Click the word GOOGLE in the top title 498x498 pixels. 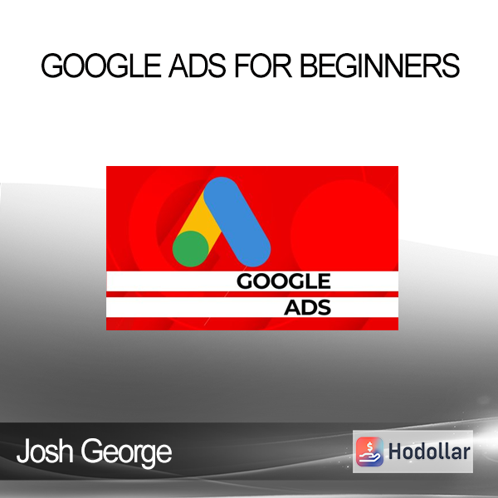pyautogui.click(x=101, y=66)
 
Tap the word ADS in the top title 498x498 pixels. pyautogui.click(x=198, y=66)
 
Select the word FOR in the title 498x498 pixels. pyautogui.click(x=263, y=66)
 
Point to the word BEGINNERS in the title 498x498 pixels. pyautogui.click(x=380, y=66)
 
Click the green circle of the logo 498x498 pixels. pyautogui.click(x=191, y=249)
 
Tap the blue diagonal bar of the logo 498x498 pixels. pyautogui.click(x=237, y=222)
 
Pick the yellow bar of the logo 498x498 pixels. pyautogui.click(x=203, y=219)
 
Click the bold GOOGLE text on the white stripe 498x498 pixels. pyautogui.click(x=284, y=281)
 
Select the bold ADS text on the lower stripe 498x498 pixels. pyautogui.click(x=307, y=307)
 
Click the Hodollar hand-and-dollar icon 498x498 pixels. pyautogui.click(x=369, y=452)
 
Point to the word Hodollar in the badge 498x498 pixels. pyautogui.click(x=429, y=452)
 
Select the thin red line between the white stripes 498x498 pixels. pyautogui.click(x=252, y=294)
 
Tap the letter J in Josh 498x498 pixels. pyautogui.click(x=23, y=452)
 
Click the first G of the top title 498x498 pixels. pyautogui.click(x=52, y=66)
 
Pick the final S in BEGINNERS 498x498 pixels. pyautogui.click(x=450, y=66)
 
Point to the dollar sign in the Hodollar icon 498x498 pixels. pyautogui.click(x=369, y=447)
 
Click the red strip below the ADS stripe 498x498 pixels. pyautogui.click(x=252, y=324)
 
